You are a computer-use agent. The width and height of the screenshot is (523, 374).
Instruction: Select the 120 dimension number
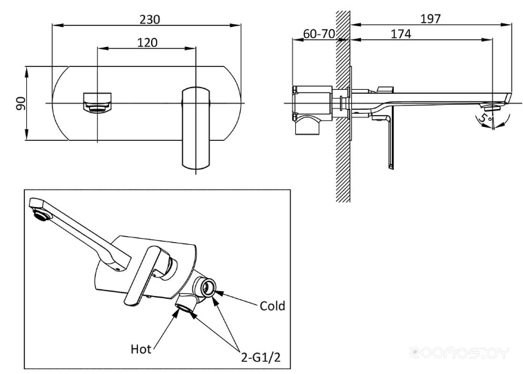(x=146, y=42)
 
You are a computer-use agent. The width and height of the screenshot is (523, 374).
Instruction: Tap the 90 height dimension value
(x=21, y=104)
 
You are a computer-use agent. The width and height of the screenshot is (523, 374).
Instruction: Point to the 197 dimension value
(x=430, y=19)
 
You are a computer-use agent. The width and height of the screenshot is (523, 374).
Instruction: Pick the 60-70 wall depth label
(x=319, y=34)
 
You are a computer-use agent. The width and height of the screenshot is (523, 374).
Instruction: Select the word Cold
(x=272, y=306)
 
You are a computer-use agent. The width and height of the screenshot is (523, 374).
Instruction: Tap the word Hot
(x=141, y=349)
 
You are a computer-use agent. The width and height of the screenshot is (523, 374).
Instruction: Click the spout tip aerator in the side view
(x=492, y=107)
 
